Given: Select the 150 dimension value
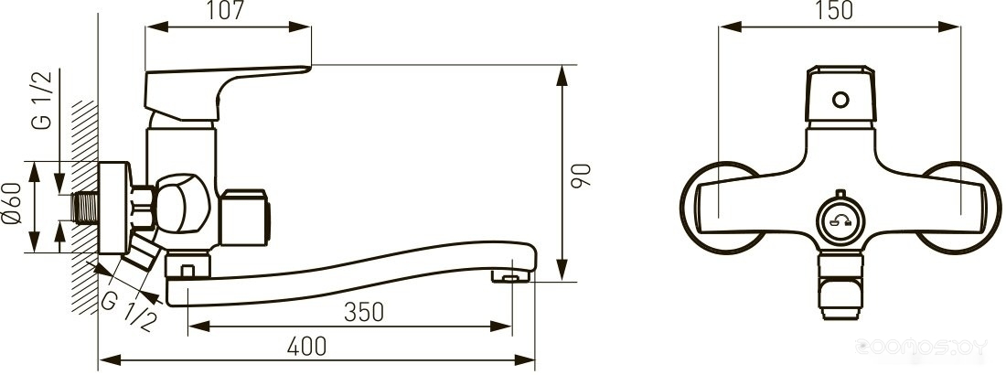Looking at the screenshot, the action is click(x=835, y=11).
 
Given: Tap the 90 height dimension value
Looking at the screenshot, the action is click(x=582, y=175).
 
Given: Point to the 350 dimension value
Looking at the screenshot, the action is click(x=364, y=312).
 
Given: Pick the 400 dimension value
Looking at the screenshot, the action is click(x=306, y=346).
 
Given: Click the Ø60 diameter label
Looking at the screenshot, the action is click(x=13, y=203).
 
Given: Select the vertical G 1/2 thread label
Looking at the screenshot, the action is click(x=42, y=101).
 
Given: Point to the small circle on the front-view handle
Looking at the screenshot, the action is click(x=840, y=100).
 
